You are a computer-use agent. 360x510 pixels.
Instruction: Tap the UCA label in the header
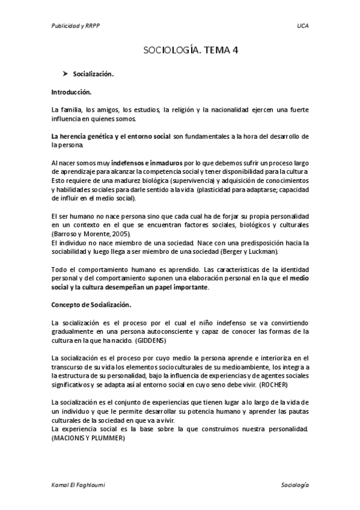[302, 26]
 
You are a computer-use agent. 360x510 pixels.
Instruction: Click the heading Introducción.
[71, 93]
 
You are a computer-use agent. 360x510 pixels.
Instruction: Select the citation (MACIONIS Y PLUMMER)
[88, 438]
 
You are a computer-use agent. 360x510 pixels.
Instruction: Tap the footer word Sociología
[294, 484]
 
